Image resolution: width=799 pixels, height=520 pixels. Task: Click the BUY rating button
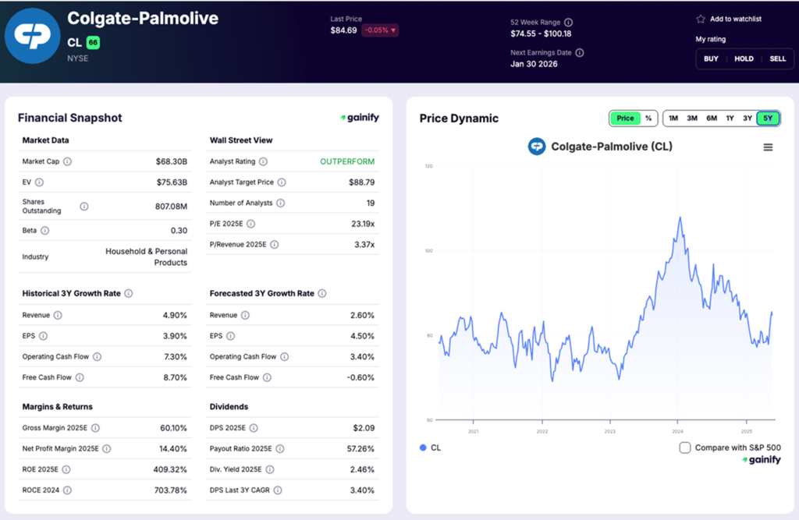tap(711, 58)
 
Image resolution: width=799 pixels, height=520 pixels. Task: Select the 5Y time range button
tap(768, 119)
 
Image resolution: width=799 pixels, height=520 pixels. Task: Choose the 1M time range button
tap(673, 119)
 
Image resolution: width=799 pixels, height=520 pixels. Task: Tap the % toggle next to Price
tap(648, 119)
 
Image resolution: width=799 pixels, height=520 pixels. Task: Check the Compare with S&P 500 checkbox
tap(685, 447)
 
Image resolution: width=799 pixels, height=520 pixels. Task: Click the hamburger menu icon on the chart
tap(768, 147)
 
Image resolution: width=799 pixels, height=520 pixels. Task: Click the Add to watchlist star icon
tap(701, 19)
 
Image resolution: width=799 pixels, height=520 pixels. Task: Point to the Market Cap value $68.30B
tap(172, 161)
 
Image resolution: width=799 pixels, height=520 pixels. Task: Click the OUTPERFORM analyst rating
tap(346, 161)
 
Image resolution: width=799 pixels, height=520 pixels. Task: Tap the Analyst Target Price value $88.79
tap(361, 182)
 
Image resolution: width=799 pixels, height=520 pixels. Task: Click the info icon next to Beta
tap(45, 231)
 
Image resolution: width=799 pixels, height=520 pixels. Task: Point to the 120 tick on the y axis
tap(428, 166)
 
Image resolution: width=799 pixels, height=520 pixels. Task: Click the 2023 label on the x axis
tap(610, 431)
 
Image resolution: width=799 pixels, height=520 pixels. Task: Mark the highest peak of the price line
tap(680, 218)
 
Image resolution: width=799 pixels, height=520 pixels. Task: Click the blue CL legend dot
tap(424, 447)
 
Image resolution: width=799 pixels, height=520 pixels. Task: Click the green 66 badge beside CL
tap(93, 43)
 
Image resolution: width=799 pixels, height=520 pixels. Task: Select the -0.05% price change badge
tap(379, 30)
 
